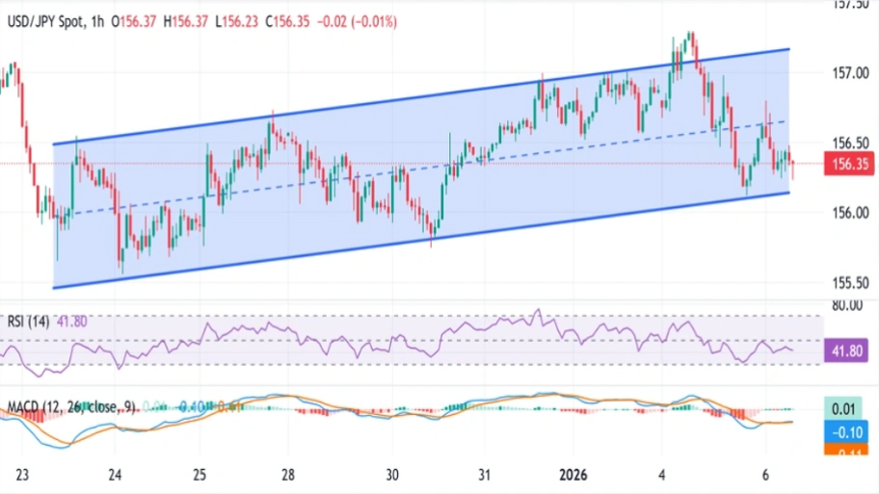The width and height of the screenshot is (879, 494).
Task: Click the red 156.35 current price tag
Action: [x=850, y=165]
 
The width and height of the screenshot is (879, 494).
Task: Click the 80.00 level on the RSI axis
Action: [x=848, y=306]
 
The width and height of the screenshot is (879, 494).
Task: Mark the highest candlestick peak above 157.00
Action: [x=691, y=34]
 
